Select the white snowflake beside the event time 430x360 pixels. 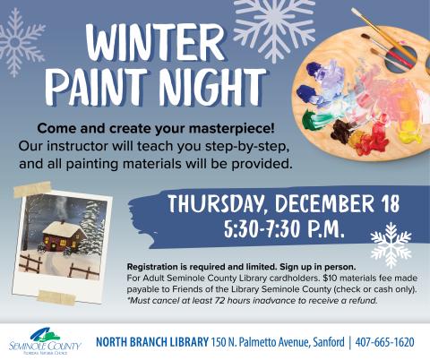pyautogui.click(x=391, y=243)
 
